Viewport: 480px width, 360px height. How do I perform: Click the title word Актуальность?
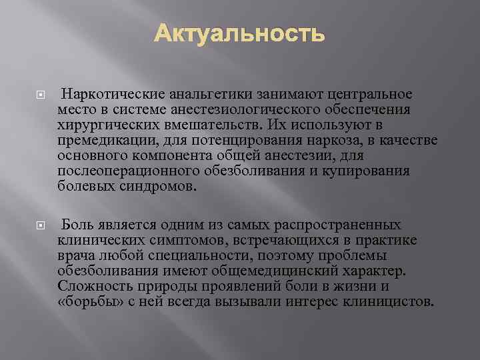[240, 34]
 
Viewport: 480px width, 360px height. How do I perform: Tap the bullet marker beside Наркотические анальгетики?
[39, 95]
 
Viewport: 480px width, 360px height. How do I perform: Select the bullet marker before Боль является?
[39, 225]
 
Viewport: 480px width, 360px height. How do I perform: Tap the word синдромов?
[160, 187]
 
